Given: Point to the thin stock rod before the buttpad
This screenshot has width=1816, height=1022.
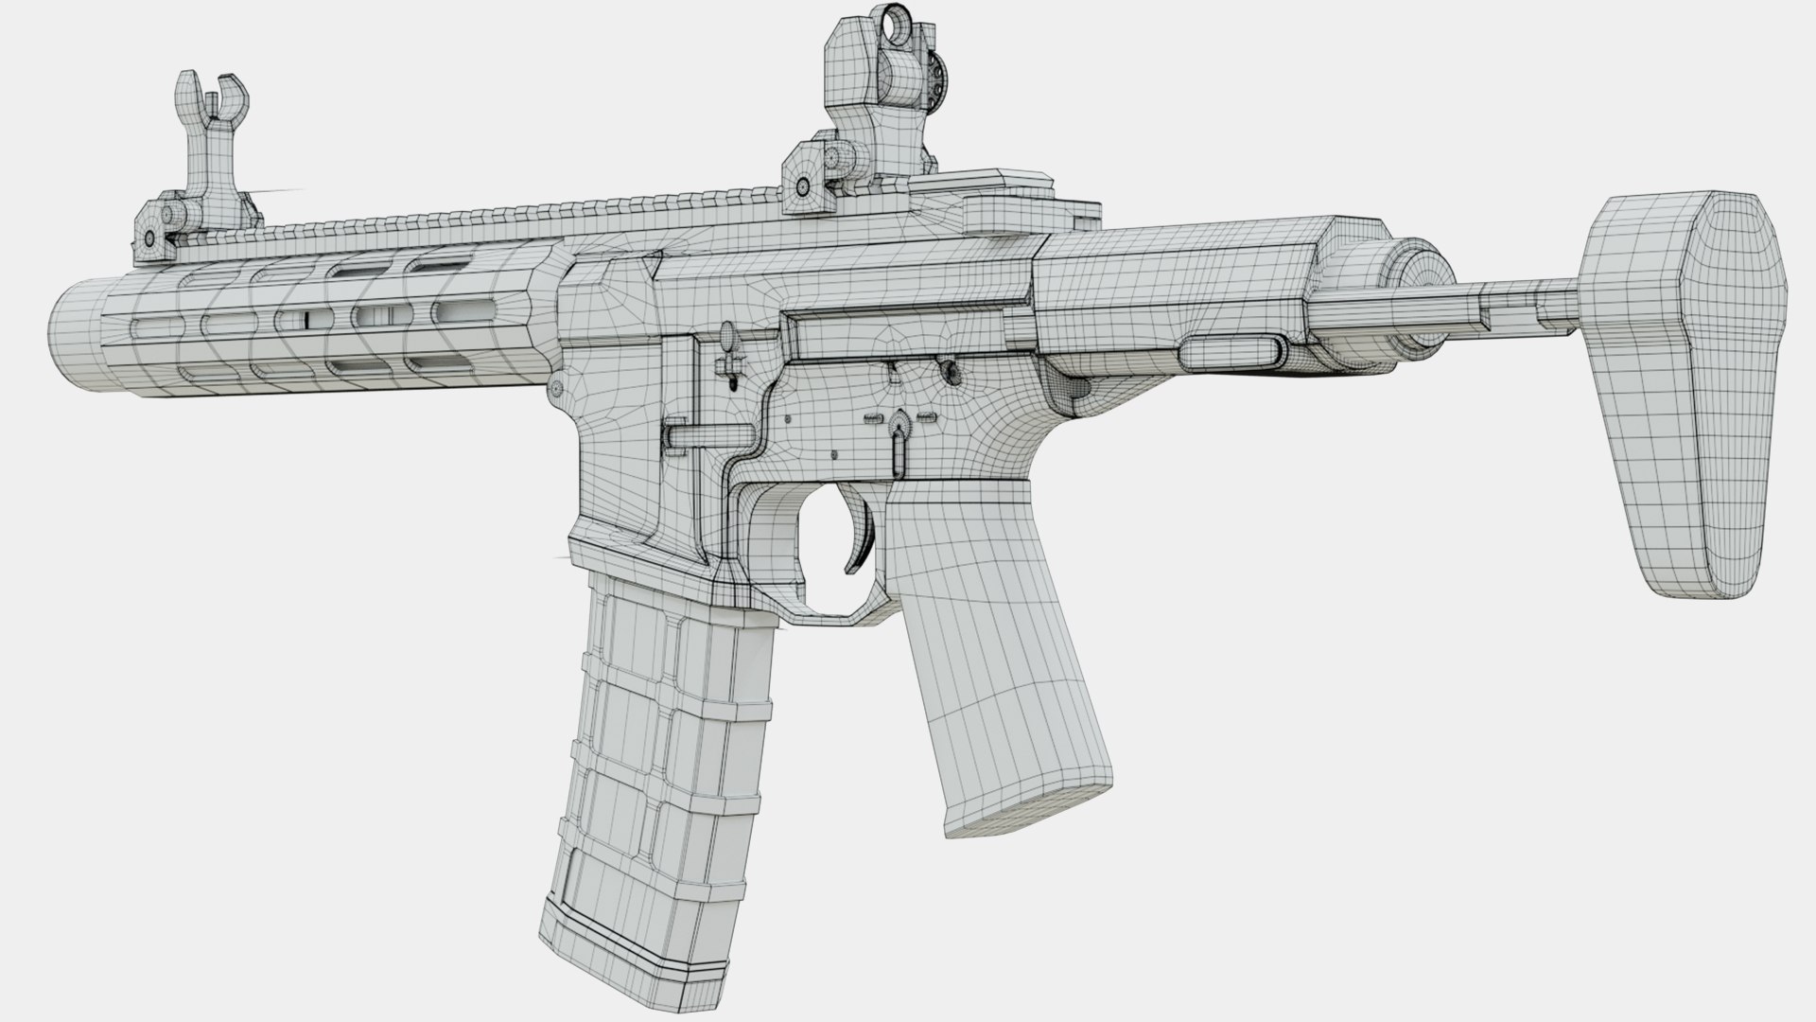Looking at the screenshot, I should pyautogui.click(x=1475, y=303).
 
